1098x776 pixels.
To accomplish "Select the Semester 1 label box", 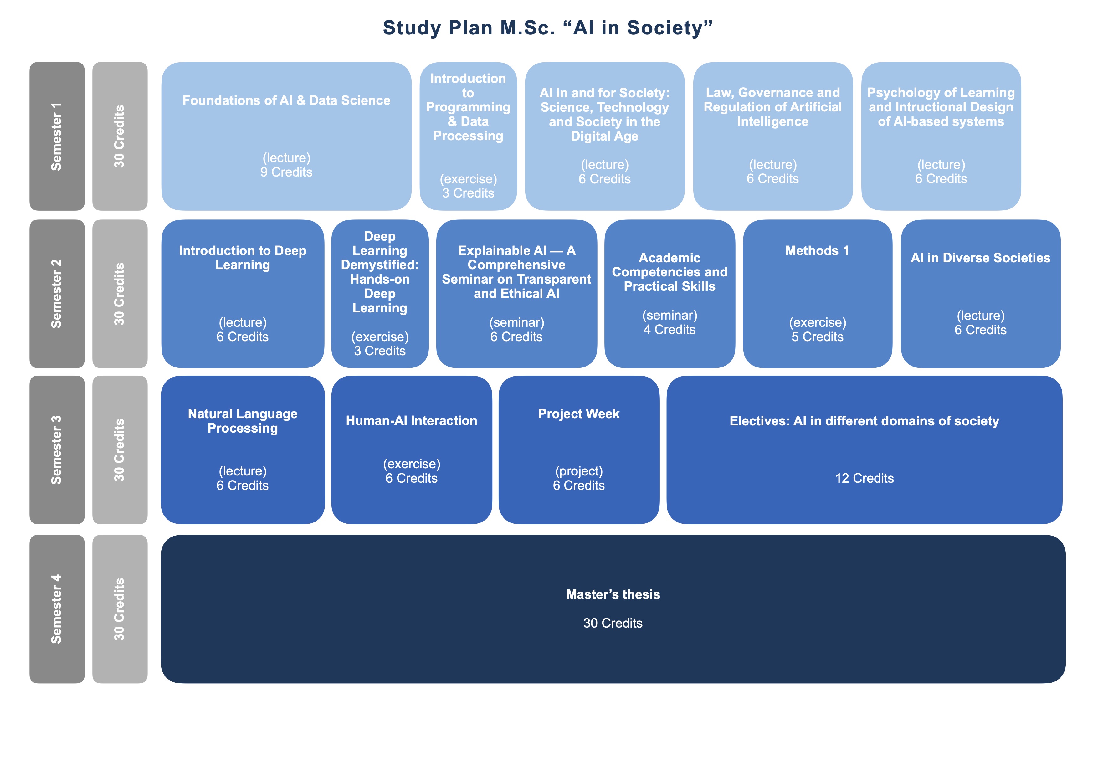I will coord(57,136).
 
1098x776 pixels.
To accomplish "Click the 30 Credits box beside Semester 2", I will coord(120,294).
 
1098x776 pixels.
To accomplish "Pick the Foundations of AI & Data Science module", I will coord(286,136).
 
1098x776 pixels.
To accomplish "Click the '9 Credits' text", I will coord(286,172).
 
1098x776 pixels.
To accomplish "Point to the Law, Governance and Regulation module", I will coord(772,136).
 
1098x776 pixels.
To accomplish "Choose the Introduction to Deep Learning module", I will coord(243,294).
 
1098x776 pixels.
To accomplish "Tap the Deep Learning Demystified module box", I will coord(380,294).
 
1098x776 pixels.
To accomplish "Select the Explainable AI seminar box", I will coord(516,294).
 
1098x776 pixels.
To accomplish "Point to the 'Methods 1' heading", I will coord(817,250).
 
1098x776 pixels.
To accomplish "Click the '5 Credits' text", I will coord(817,337).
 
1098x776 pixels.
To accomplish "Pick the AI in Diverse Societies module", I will coord(980,294).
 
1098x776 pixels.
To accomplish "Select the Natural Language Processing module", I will coord(243,450).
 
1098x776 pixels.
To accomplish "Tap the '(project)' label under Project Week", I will coord(579,471).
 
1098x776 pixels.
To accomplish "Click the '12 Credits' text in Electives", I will coord(864,478).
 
